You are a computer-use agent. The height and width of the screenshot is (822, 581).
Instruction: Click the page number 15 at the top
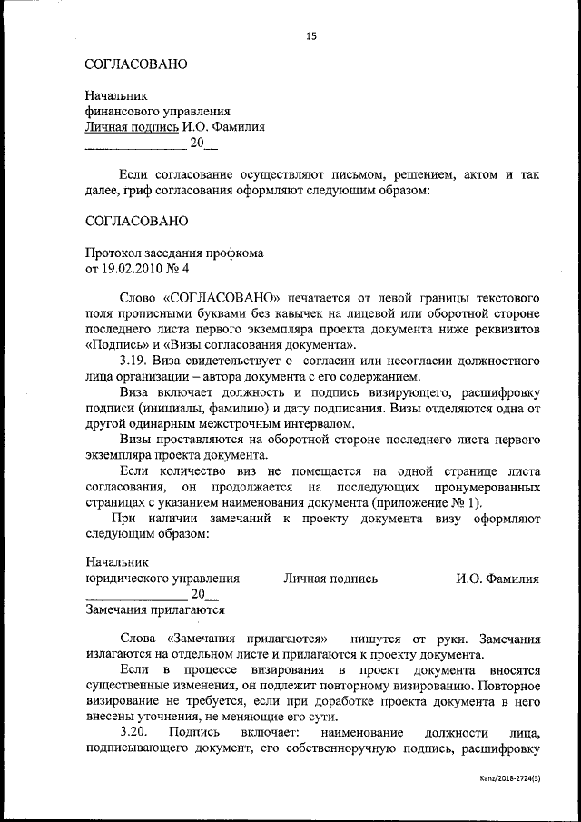tap(311, 36)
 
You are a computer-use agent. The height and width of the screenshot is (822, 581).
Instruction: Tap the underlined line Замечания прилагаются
tap(154, 611)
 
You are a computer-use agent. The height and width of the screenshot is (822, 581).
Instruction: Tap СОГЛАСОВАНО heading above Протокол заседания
tap(136, 221)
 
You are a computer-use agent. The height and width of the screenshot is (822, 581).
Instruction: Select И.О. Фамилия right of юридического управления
tap(497, 579)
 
